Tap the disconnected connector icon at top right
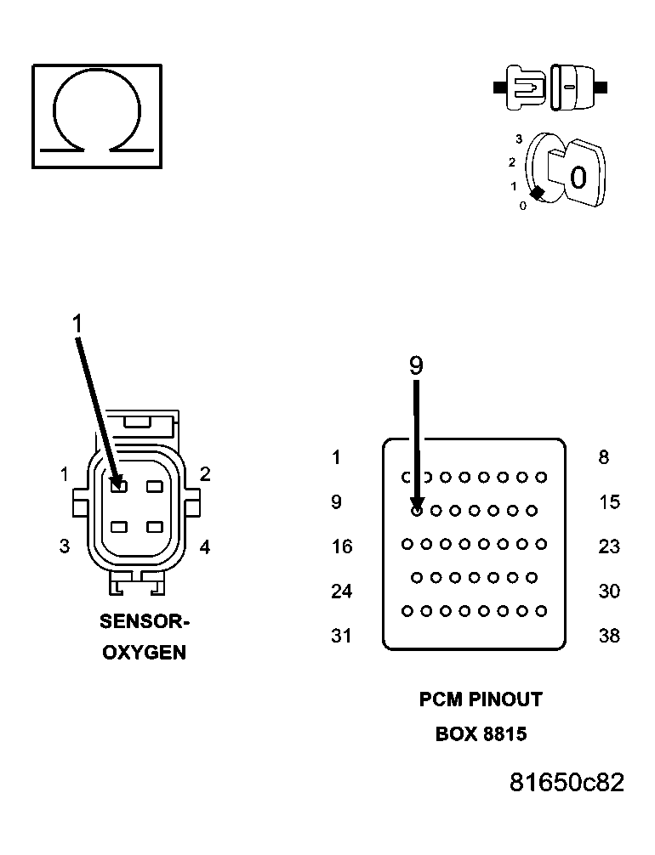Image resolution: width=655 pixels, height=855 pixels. pyautogui.click(x=550, y=88)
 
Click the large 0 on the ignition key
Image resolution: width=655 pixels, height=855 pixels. pyautogui.click(x=578, y=178)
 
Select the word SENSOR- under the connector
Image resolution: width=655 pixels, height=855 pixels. pyautogui.click(x=145, y=622)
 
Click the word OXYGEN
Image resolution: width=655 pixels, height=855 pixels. pyautogui.click(x=145, y=654)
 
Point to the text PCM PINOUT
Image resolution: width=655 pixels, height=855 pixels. pyautogui.click(x=481, y=699)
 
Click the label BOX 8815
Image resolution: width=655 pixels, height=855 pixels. pyautogui.click(x=481, y=733)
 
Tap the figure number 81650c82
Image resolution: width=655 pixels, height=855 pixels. pyautogui.click(x=567, y=783)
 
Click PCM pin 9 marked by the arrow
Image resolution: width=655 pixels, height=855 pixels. pyautogui.click(x=417, y=511)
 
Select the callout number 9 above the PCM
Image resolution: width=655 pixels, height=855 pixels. pyautogui.click(x=415, y=365)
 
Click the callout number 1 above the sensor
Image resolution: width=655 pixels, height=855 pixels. pyautogui.click(x=77, y=324)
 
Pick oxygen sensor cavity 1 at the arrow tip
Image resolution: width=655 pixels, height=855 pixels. pyautogui.click(x=118, y=486)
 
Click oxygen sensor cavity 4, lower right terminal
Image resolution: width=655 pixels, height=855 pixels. pyautogui.click(x=154, y=527)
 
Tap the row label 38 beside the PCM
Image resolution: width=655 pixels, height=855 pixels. pyautogui.click(x=609, y=636)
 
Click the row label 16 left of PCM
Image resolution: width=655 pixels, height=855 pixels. pyautogui.click(x=341, y=546)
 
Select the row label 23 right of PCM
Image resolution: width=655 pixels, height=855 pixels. pyautogui.click(x=609, y=546)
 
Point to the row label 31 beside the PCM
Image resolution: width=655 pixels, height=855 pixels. pyautogui.click(x=341, y=636)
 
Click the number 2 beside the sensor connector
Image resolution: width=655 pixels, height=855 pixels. pyautogui.click(x=205, y=474)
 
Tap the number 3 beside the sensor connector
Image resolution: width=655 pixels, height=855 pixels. pyautogui.click(x=65, y=546)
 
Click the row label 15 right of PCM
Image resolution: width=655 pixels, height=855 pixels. pyautogui.click(x=609, y=502)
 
